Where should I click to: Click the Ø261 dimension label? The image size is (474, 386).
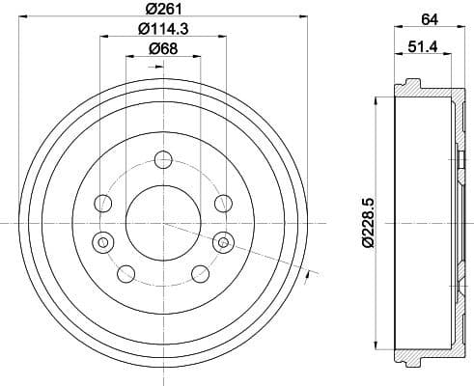[x=161, y=10]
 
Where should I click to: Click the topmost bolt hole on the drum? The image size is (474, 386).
[x=162, y=160]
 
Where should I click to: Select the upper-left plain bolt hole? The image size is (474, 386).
[x=101, y=203]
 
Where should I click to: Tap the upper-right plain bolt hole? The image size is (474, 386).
[x=223, y=203]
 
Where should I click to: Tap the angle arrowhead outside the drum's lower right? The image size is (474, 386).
[x=306, y=278]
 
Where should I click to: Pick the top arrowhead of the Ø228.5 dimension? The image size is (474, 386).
[x=375, y=102]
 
